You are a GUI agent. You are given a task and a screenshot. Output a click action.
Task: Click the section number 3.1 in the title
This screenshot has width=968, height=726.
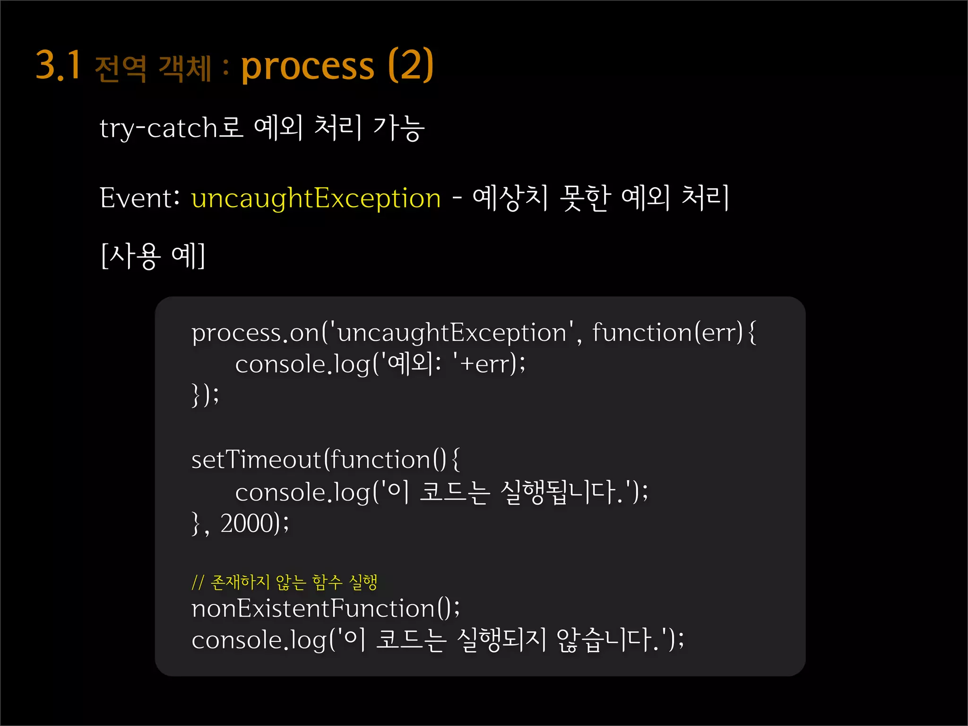pos(59,65)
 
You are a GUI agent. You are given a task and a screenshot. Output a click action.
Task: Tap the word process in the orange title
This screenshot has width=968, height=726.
pos(308,66)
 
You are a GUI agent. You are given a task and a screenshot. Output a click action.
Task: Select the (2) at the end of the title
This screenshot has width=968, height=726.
pos(410,65)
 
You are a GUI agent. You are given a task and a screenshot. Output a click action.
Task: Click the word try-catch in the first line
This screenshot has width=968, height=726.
pos(158,128)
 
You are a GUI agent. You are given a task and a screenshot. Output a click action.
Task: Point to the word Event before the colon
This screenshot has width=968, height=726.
pos(135,198)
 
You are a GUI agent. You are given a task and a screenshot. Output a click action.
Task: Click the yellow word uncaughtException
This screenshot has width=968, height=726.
pos(316,198)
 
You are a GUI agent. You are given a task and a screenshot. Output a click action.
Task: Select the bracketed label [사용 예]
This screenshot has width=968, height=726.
pos(153,256)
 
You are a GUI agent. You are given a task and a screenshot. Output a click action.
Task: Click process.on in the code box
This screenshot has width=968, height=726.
pos(255,333)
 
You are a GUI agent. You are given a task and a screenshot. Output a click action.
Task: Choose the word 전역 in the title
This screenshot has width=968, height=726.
pos(121,69)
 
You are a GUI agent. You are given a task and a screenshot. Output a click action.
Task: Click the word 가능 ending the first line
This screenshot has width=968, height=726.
pos(399,128)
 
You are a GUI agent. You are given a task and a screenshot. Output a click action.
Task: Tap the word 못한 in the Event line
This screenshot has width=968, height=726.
pos(585,198)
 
